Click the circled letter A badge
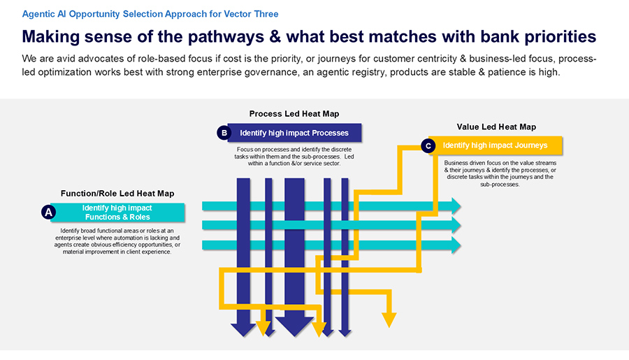pyautogui.click(x=48, y=212)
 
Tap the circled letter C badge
pyautogui.click(x=428, y=146)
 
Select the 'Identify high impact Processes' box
pyautogui.click(x=294, y=133)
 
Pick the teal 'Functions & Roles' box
pyautogui.click(x=117, y=213)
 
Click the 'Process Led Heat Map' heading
pyautogui.click(x=294, y=114)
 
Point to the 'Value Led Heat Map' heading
pyautogui.click(x=496, y=127)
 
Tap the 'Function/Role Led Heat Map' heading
pyautogui.click(x=117, y=193)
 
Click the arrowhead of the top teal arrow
pyautogui.click(x=456, y=206)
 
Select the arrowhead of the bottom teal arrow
pyautogui.click(x=456, y=245)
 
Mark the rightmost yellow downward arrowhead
pyautogui.click(x=389, y=319)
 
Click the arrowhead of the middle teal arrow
pyautogui.click(x=456, y=225)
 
